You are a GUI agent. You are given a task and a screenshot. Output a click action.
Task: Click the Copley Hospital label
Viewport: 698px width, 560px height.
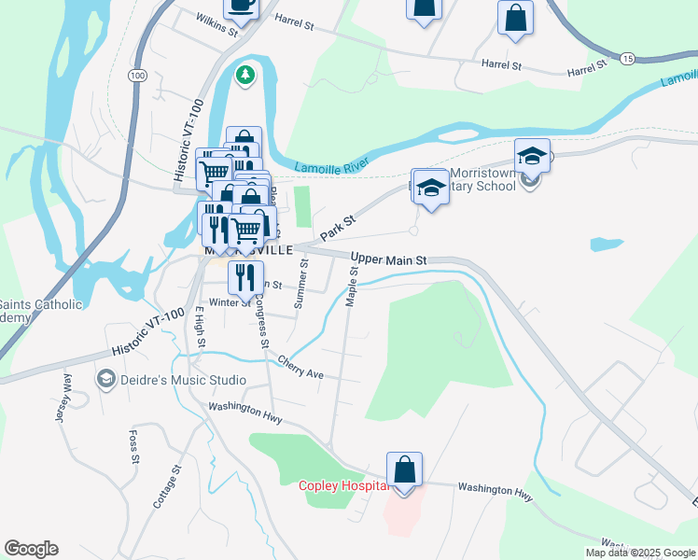click(x=342, y=486)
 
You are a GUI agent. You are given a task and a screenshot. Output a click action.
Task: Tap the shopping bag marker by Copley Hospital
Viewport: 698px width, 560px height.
click(x=404, y=469)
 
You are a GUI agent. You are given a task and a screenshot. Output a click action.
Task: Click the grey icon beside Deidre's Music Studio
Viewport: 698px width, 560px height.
click(x=105, y=380)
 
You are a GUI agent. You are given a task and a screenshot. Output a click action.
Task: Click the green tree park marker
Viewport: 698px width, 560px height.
click(x=245, y=75)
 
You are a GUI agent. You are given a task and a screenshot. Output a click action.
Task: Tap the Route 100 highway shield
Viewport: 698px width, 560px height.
click(x=138, y=75)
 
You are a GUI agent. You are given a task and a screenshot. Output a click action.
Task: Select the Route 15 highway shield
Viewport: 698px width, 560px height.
click(x=626, y=59)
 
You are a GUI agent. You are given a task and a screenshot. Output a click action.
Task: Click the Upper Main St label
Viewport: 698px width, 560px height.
click(x=388, y=259)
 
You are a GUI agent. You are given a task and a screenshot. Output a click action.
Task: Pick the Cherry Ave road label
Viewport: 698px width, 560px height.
click(x=300, y=368)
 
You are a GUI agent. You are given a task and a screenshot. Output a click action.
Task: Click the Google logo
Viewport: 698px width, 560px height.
click(x=31, y=549)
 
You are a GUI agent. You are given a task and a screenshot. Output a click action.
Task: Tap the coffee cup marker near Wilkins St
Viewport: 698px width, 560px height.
click(x=241, y=6)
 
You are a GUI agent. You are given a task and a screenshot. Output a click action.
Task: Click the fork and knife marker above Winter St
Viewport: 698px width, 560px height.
click(x=245, y=277)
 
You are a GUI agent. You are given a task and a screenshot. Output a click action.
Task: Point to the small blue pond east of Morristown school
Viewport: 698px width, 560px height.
click(x=607, y=245)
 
